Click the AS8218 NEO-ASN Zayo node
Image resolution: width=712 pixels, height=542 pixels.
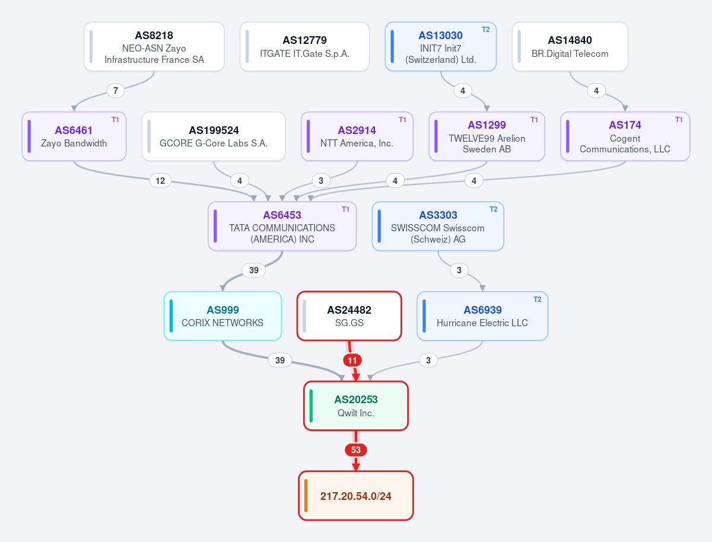[x=154, y=46]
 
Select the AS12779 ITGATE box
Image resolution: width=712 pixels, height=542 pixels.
[x=304, y=46]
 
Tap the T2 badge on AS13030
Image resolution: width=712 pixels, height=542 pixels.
[x=485, y=30]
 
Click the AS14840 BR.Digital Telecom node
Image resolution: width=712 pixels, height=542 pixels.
[x=570, y=46]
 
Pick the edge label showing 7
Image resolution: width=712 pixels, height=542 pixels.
[x=116, y=91]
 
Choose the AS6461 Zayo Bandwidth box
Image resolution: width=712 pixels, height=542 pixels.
[x=74, y=136]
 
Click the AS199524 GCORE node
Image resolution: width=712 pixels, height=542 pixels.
[x=214, y=136]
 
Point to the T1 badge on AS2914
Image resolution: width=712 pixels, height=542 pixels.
[x=402, y=120]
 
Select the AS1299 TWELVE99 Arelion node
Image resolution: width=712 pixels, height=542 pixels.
[x=487, y=136]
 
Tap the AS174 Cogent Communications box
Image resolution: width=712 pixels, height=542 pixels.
[x=625, y=136]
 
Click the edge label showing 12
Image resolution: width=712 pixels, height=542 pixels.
[x=160, y=180]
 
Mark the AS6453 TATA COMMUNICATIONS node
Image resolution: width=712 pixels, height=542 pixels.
[x=282, y=226]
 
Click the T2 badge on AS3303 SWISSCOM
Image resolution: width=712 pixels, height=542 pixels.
[x=494, y=209]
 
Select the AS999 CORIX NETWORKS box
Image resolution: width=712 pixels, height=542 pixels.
[x=223, y=315]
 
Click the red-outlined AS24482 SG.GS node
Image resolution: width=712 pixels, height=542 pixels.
[x=349, y=315]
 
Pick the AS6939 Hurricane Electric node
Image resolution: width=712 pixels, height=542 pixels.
[x=482, y=315]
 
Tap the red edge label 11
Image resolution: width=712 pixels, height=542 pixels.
[x=352, y=360]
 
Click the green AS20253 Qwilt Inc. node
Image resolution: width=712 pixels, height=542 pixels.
[x=356, y=406]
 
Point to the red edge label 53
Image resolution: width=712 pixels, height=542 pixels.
[x=356, y=450]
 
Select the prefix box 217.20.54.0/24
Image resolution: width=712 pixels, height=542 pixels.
[x=356, y=496]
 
